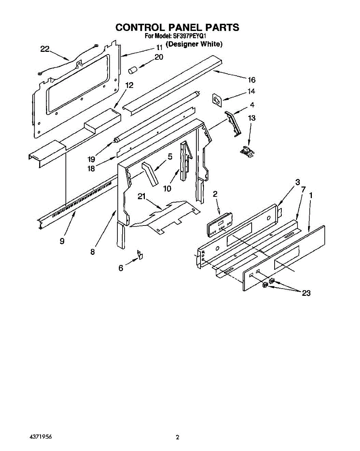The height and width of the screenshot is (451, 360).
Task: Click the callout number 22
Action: (45, 48)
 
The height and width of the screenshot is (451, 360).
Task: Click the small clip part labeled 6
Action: (140, 256)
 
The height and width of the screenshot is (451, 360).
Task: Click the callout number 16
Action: (251, 80)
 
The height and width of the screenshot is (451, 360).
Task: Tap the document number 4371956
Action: (40, 437)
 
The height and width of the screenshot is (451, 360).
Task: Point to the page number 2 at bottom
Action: (178, 437)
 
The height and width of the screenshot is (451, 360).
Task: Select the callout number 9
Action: (62, 241)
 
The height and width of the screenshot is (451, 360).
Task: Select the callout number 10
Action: (167, 188)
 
